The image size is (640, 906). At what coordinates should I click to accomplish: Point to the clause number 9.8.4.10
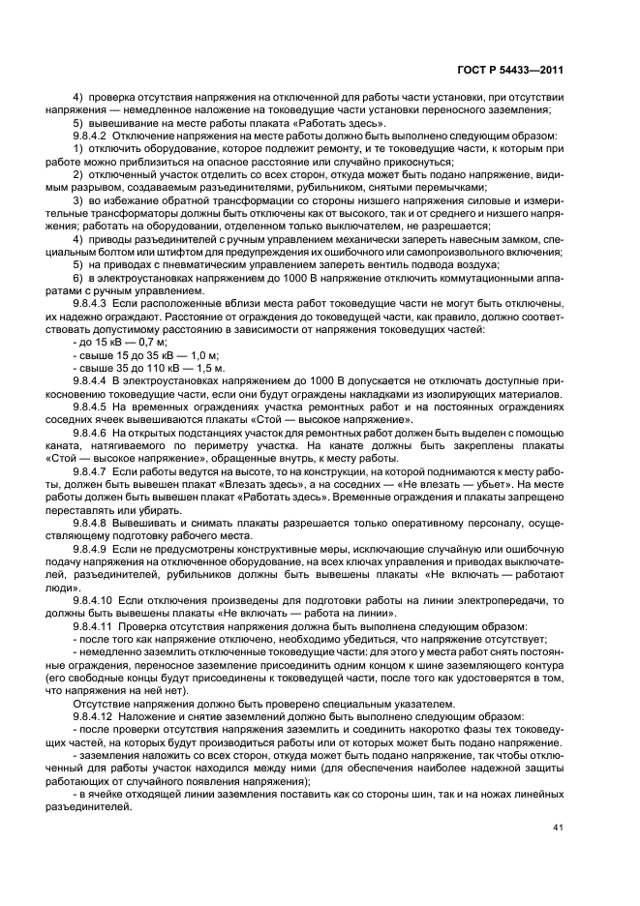[x=94, y=601]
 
